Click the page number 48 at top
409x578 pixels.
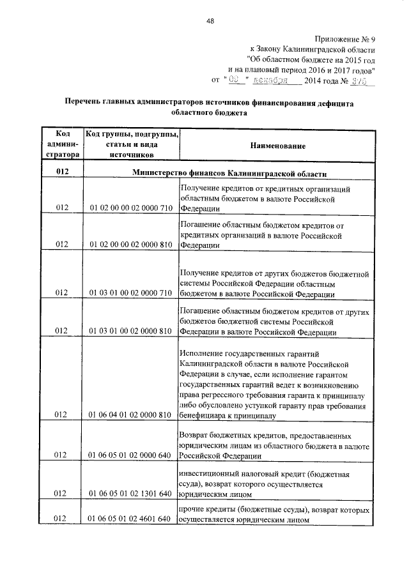210,21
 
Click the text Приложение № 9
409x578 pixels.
345,38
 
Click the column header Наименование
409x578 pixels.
278,146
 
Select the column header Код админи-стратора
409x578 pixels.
63,144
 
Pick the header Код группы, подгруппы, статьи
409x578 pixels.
132,144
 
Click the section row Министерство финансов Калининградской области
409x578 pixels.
229,173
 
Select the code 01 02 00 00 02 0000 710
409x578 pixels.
132,208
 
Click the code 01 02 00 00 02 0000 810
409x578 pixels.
132,244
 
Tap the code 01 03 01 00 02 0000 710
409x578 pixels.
132,293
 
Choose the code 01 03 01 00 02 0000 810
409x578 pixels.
132,331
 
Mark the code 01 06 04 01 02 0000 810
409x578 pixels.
132,415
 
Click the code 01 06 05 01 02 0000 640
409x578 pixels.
132,455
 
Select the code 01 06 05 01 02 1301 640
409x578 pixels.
132,494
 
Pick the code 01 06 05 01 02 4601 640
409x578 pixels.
132,519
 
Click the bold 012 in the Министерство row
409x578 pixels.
62,173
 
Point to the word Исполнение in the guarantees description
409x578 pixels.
204,354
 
